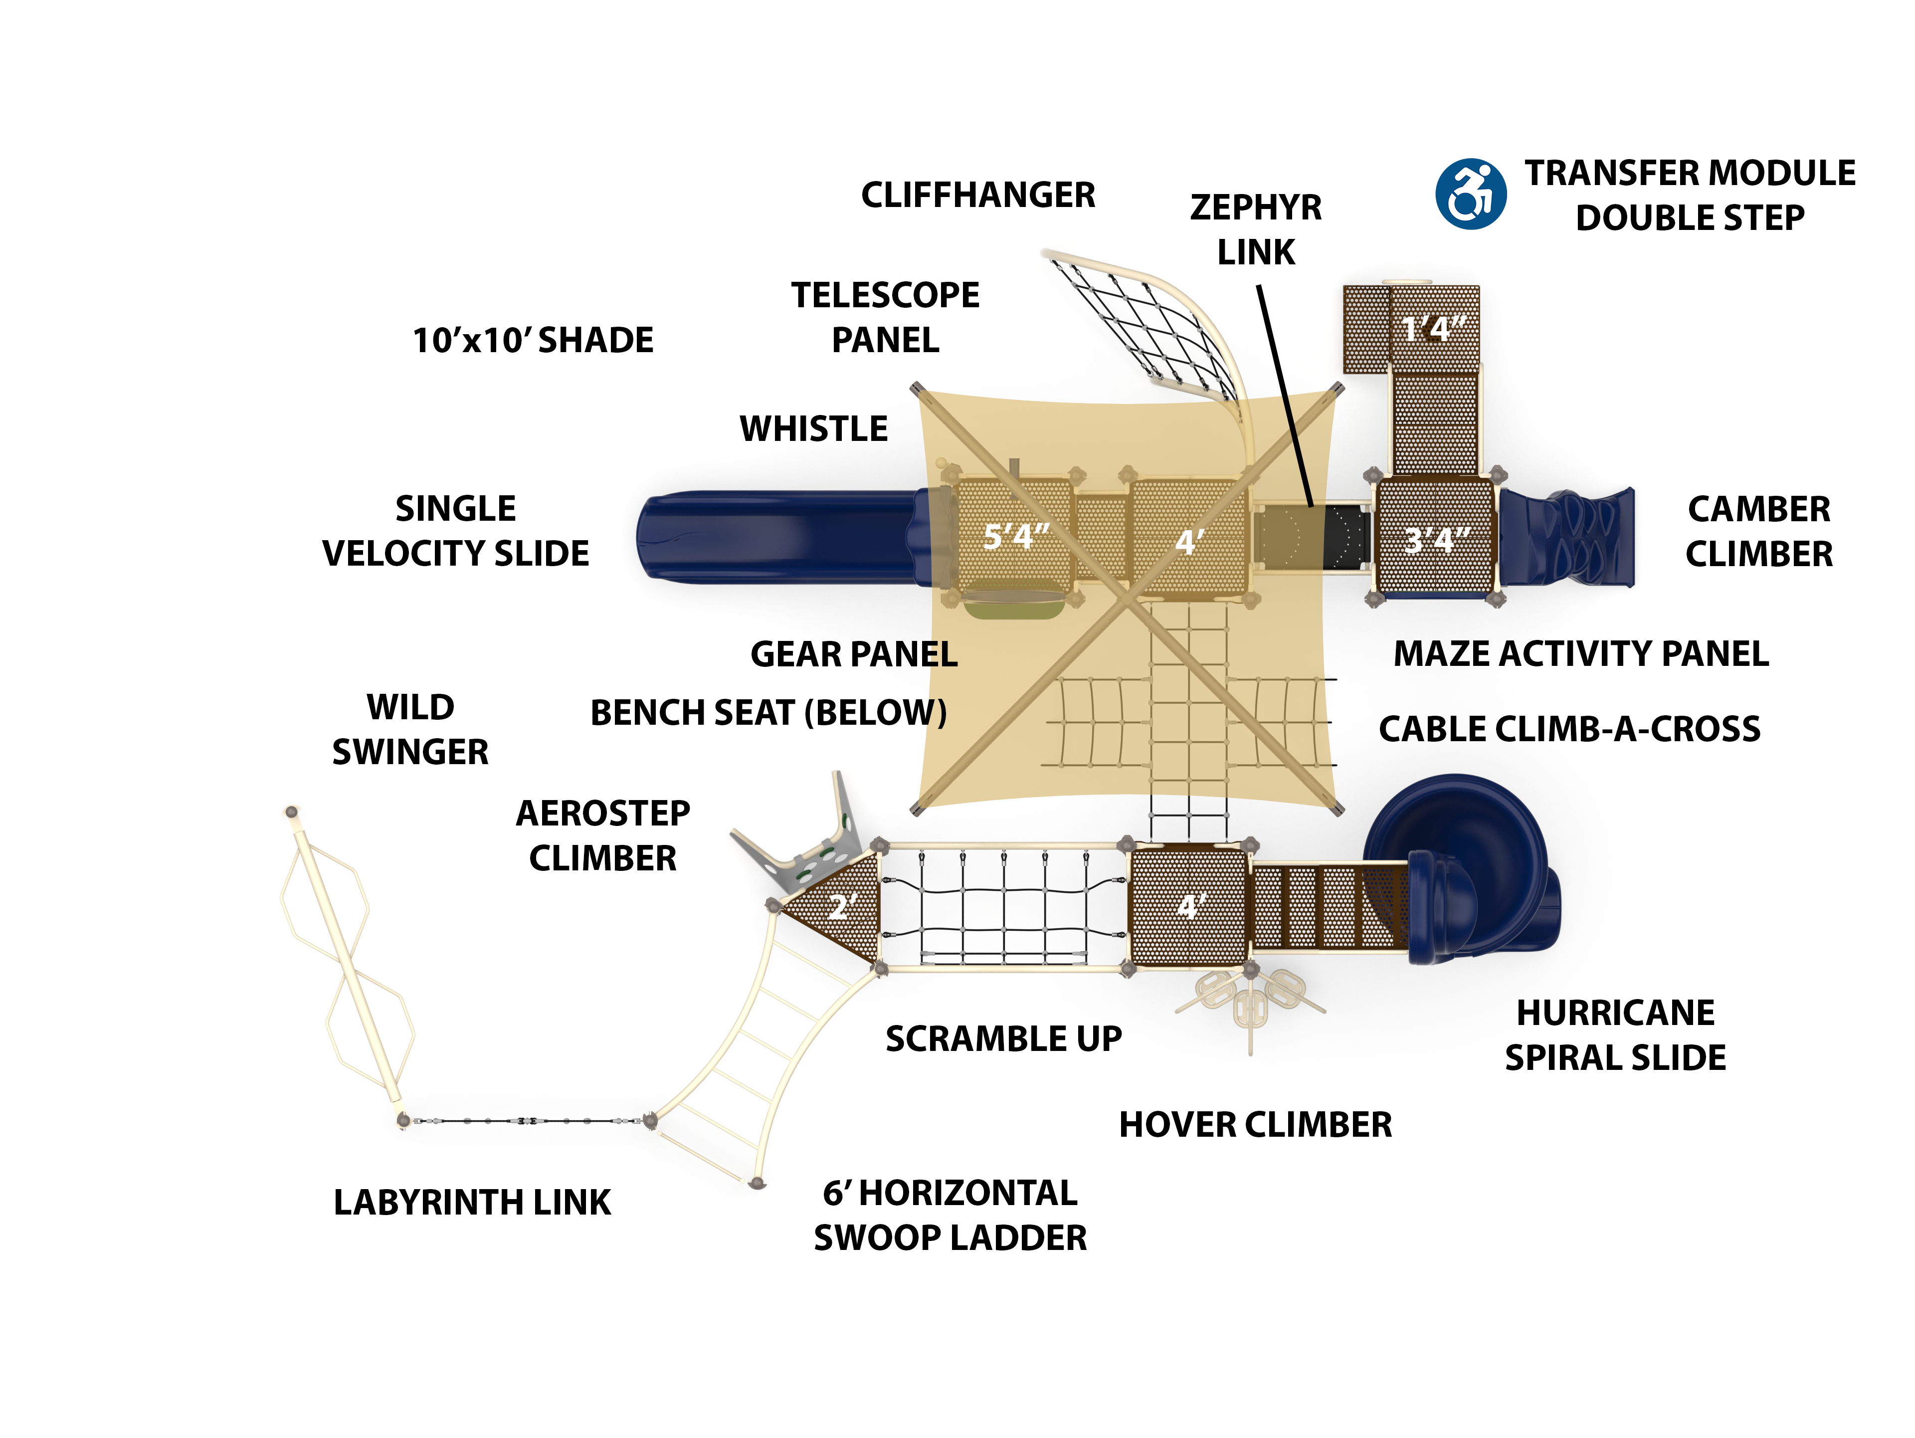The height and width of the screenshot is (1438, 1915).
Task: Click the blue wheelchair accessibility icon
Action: click(x=1470, y=194)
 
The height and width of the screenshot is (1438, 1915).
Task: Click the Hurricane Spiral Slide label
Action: click(x=1615, y=1034)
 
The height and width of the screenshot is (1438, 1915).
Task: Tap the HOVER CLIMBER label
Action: click(x=1255, y=1125)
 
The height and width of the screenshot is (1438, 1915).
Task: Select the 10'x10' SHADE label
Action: click(x=533, y=340)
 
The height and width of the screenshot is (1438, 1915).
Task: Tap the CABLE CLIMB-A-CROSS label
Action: click(x=1569, y=729)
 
